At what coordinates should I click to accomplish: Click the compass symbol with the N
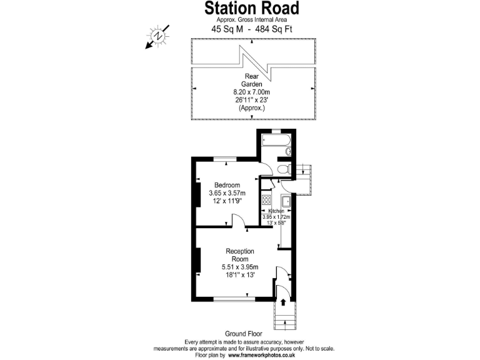[x=159, y=35]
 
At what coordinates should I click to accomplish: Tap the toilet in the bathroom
[x=282, y=169]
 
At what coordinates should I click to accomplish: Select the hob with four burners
[x=266, y=201]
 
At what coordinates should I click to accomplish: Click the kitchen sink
[x=286, y=202]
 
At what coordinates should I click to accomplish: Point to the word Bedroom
[x=227, y=185]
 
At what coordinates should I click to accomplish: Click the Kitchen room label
[x=276, y=212]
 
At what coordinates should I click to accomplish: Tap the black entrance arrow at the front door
[x=284, y=302]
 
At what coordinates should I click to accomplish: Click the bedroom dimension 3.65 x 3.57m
[x=227, y=193]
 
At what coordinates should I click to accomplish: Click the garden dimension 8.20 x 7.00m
[x=252, y=91]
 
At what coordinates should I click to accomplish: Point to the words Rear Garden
[x=252, y=79]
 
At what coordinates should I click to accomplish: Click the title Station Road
[x=252, y=8]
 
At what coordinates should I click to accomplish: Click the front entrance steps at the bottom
[x=284, y=319]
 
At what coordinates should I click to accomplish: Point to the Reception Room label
[x=240, y=255]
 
